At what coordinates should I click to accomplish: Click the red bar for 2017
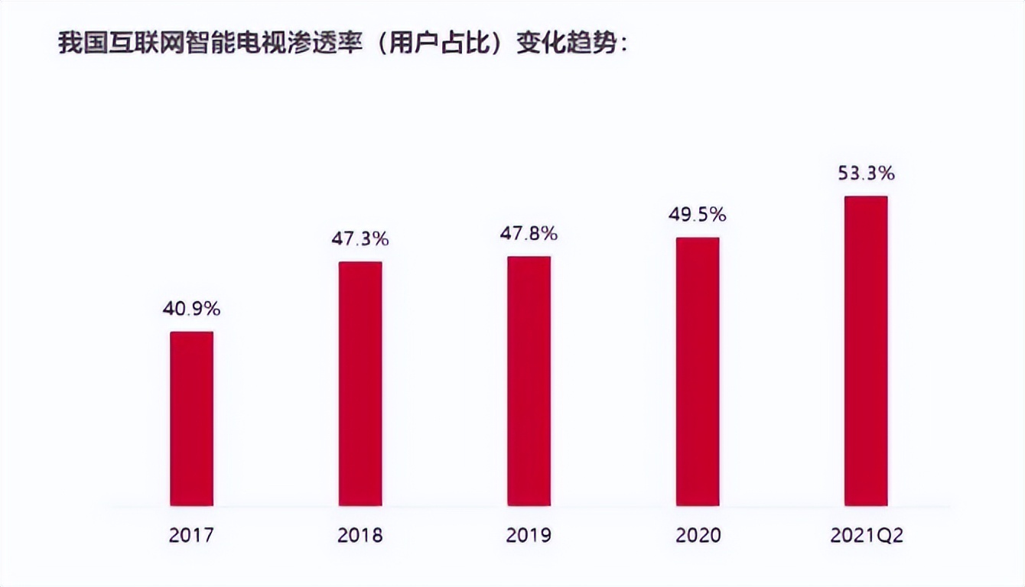[191, 418]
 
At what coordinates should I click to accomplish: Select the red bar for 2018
[360, 383]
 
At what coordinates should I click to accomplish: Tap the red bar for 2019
[529, 381]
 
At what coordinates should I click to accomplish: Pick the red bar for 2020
[698, 371]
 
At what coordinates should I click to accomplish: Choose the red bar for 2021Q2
[866, 351]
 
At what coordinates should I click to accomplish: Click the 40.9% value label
[191, 309]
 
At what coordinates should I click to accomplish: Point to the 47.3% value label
[360, 238]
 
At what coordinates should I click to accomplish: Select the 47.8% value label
[529, 233]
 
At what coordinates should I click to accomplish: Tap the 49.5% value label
[698, 215]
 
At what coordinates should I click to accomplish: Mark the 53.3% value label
[866, 174]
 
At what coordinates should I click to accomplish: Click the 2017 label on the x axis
[191, 535]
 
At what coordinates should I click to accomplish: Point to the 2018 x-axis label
[360, 535]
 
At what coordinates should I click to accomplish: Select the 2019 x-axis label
[529, 535]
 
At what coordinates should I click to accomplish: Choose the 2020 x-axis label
[698, 535]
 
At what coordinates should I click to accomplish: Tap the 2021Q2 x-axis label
[866, 535]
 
